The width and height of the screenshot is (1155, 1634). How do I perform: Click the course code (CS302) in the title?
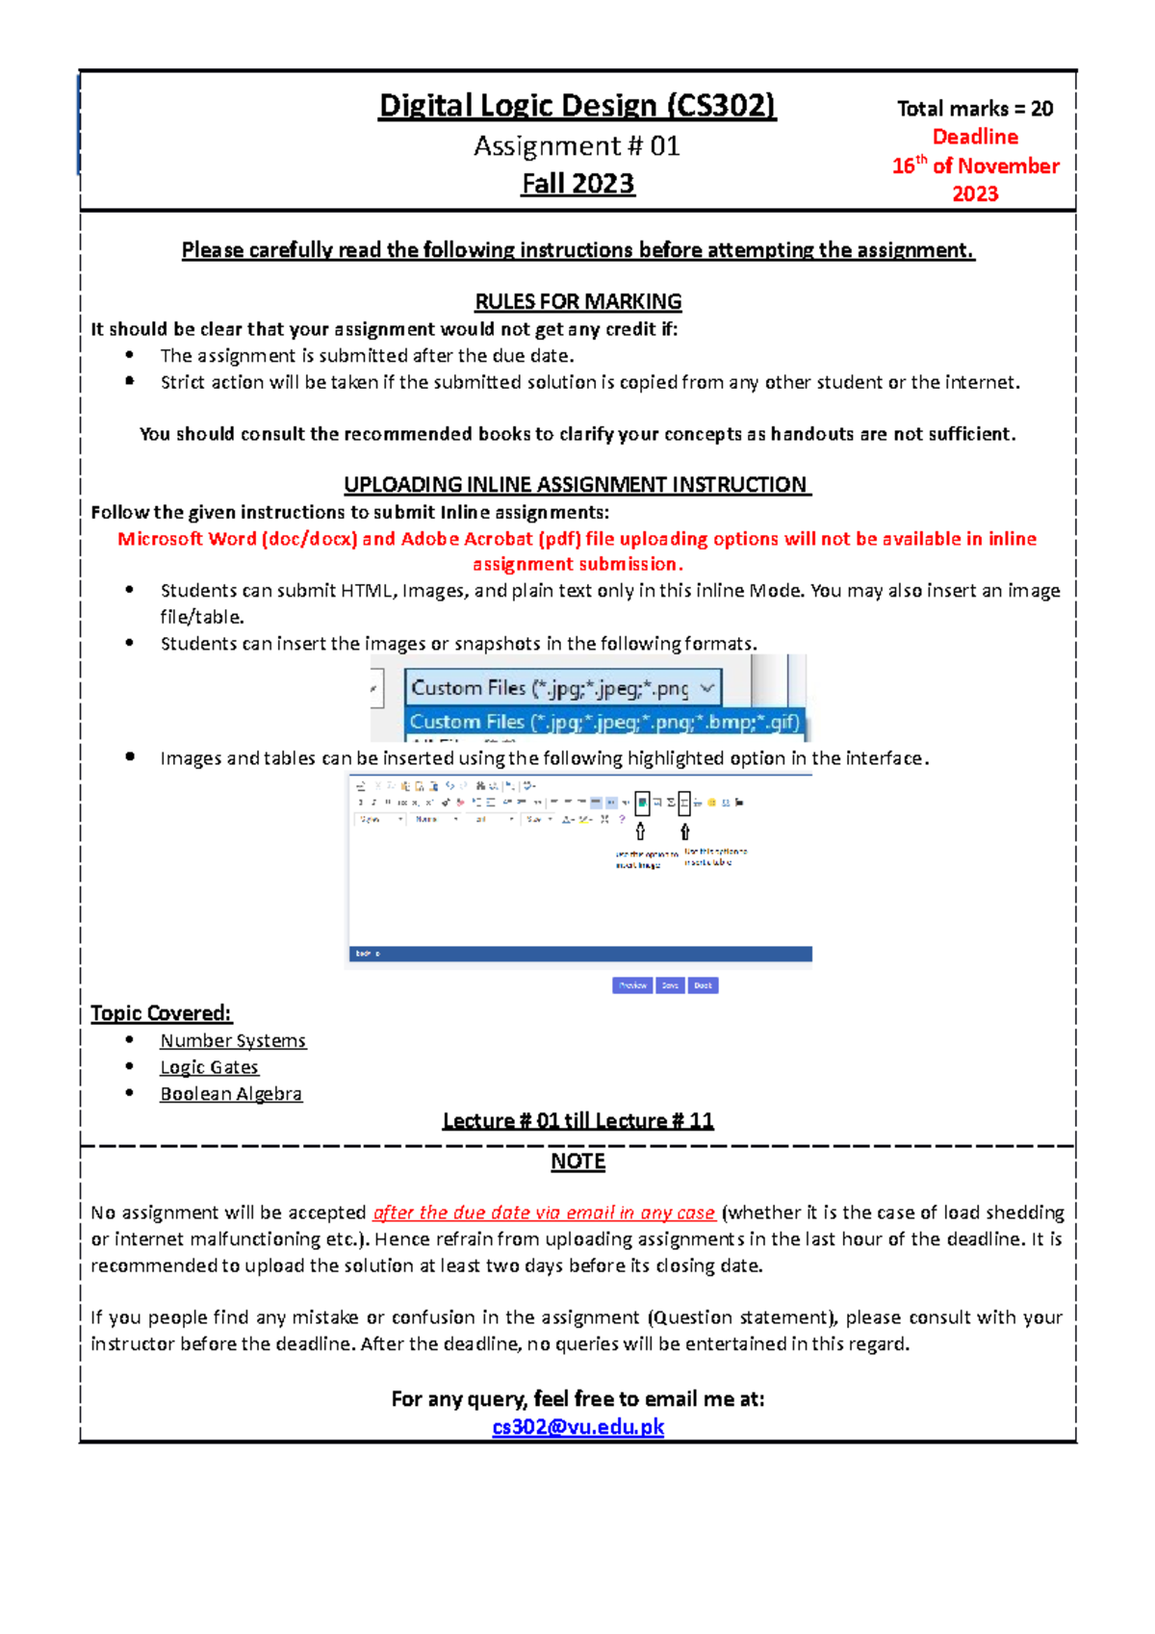(x=721, y=105)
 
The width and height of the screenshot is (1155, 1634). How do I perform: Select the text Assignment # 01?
(x=577, y=146)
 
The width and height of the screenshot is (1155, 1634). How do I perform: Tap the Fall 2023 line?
(x=577, y=184)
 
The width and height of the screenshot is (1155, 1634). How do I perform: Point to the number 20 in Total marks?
(x=1041, y=109)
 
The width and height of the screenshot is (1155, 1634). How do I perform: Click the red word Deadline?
(x=975, y=137)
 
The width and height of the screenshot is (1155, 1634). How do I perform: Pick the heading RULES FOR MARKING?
(x=577, y=301)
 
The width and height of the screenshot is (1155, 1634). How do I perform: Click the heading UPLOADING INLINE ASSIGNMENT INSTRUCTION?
(x=577, y=484)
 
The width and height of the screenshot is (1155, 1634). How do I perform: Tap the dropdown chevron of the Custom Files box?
(x=707, y=688)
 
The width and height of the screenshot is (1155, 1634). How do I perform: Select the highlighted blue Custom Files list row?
(x=603, y=722)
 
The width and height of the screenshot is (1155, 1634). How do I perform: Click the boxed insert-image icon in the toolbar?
(x=642, y=803)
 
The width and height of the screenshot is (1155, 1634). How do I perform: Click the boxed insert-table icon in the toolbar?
(x=684, y=803)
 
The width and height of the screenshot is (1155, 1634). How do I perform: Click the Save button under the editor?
(x=670, y=985)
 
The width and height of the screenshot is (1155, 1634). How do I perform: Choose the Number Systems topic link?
(x=233, y=1040)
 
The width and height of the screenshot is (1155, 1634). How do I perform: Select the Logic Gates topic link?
(x=209, y=1067)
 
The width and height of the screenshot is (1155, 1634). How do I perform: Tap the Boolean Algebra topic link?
(x=231, y=1094)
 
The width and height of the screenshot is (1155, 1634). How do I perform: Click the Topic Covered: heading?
(x=161, y=1012)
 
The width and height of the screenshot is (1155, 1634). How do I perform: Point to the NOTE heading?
(x=577, y=1162)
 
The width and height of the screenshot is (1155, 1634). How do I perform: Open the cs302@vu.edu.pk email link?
(x=577, y=1426)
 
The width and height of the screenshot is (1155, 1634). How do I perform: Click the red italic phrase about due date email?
(x=544, y=1213)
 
